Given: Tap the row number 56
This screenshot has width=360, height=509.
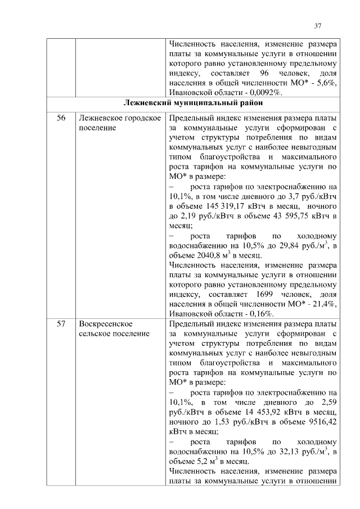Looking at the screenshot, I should [x=61, y=118].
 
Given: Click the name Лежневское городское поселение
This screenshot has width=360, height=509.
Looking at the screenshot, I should [x=120, y=123].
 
